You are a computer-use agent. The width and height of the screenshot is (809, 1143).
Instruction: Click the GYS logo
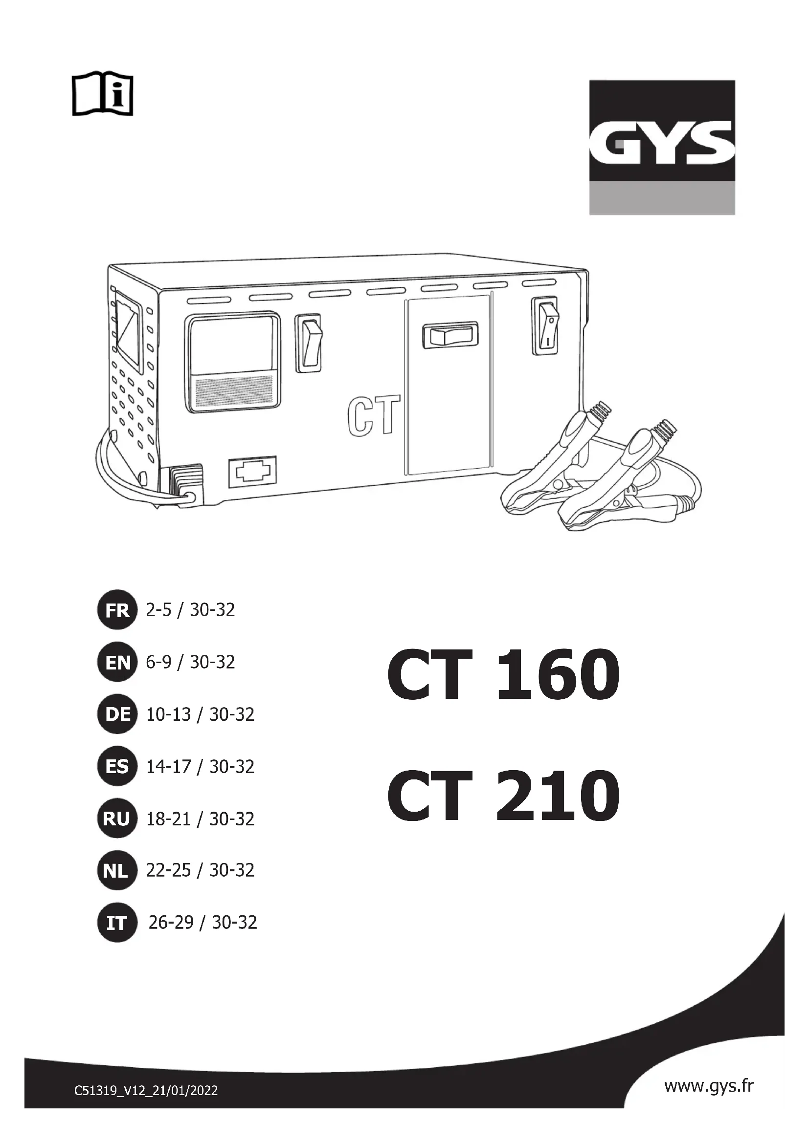coord(662,148)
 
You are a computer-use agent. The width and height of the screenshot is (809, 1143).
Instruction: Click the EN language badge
coord(117,662)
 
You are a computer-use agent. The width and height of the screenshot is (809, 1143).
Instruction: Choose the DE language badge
coord(117,714)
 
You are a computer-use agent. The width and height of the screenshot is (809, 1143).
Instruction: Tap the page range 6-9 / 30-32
coord(190,662)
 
